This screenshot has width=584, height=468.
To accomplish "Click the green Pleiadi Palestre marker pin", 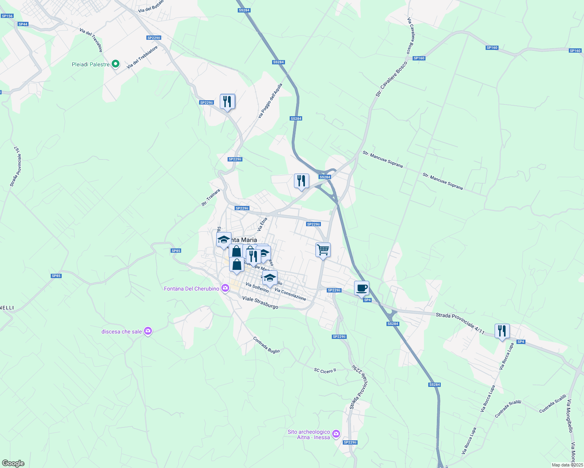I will (x=115, y=64).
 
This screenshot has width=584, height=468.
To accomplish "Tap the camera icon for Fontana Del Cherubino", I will (x=225, y=288).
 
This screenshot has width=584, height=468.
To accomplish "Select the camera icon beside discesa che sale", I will (x=148, y=331).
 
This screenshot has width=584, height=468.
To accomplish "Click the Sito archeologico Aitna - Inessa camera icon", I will (x=336, y=434).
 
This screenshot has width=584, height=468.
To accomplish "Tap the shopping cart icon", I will (x=323, y=250).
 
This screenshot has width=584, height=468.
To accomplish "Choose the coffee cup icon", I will (x=361, y=288).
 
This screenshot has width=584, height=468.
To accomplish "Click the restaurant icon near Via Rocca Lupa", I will (x=502, y=331).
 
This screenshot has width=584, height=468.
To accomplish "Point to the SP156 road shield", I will (x=7, y=16).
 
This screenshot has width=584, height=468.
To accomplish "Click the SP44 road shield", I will (x=23, y=24).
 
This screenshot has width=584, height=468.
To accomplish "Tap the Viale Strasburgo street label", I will (x=260, y=303).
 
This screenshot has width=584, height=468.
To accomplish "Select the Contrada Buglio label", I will (x=267, y=345).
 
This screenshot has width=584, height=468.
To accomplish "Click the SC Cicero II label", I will (x=325, y=370).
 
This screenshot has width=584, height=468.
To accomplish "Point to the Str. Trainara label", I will (x=211, y=197).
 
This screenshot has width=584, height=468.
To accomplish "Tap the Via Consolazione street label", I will (x=290, y=294).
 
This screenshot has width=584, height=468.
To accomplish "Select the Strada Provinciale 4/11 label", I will (x=460, y=323).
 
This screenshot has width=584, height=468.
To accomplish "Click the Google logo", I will (x=13, y=463).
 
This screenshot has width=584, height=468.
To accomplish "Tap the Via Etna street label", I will (x=262, y=224).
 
